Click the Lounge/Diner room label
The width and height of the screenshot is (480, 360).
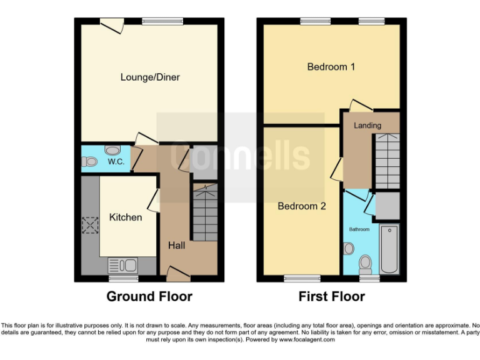tap(150, 77)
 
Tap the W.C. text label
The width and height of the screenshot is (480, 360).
tap(116, 162)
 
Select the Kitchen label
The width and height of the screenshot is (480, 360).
tap(126, 217)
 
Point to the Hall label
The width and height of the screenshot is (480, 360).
tap(176, 246)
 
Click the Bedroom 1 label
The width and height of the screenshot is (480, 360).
tap(331, 67)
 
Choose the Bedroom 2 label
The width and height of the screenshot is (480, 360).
tap(302, 206)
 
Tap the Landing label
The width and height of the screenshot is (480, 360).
tap(367, 126)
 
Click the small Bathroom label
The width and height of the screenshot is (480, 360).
tap(359, 229)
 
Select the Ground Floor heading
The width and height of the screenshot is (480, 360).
tap(149, 296)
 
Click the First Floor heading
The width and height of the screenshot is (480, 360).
tap(331, 296)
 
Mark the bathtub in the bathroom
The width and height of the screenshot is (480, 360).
tap(389, 249)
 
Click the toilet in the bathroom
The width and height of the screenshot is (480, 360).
tap(366, 263)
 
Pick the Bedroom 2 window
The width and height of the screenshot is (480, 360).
tap(301, 278)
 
